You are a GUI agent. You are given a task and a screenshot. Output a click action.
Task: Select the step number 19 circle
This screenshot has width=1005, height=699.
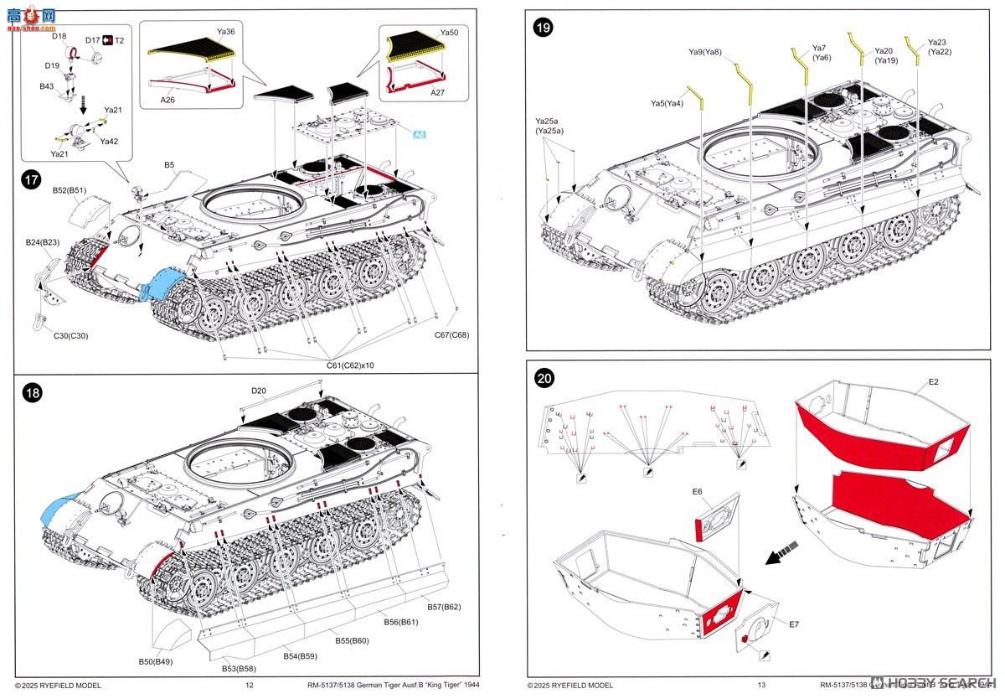coord(544,28)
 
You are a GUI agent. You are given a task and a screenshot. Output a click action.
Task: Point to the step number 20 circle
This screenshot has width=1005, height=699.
coord(544,379)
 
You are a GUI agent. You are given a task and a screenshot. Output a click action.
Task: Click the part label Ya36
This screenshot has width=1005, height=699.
coord(226,32)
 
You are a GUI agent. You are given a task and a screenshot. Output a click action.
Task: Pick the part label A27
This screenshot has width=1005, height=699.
coord(437,93)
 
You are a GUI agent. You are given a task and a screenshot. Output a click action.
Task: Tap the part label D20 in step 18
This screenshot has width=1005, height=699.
coord(258,391)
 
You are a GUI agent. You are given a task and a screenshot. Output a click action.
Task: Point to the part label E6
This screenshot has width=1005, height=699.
coord(698,491)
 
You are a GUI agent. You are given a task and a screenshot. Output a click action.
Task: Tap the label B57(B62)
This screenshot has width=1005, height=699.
coord(444,606)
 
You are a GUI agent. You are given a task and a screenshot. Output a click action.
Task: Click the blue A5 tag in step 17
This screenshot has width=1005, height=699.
coord(420,133)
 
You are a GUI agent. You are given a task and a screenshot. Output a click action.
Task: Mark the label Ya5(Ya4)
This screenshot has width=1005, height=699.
coord(667,104)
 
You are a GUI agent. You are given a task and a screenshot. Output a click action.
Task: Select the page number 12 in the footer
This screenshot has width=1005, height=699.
coord(249,685)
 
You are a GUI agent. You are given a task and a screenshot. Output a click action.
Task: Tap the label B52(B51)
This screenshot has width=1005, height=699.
coord(70,190)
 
